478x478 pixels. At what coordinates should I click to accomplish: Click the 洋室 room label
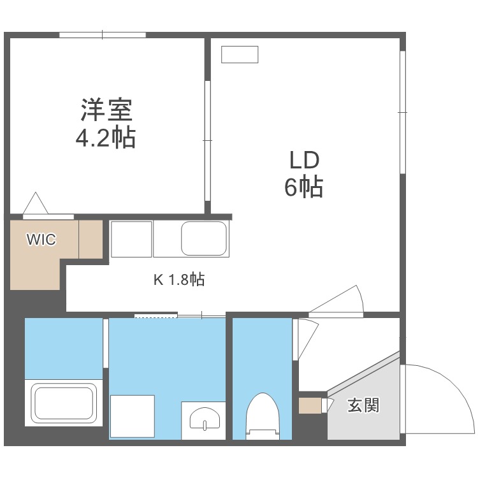(x=106, y=110)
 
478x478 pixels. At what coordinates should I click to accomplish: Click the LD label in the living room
(x=304, y=161)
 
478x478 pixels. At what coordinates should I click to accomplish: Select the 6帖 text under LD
(x=303, y=186)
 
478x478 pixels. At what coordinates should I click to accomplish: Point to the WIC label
(x=41, y=239)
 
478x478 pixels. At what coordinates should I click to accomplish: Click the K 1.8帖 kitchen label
(x=179, y=279)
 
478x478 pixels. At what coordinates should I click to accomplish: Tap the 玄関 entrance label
(x=363, y=405)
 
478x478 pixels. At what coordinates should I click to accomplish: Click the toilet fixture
(x=263, y=416)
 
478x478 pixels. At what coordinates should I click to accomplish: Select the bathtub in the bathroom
(x=63, y=403)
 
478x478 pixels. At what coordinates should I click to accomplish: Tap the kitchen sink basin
(x=204, y=238)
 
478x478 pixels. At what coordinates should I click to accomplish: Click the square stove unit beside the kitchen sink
(x=131, y=239)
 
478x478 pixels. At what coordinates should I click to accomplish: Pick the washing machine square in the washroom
(x=133, y=416)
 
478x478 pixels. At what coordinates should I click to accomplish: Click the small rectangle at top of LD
(x=240, y=55)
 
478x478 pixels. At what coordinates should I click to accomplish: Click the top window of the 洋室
(x=103, y=35)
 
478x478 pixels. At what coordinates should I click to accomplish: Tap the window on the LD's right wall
(x=402, y=112)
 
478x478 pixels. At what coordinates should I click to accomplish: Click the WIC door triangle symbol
(x=36, y=203)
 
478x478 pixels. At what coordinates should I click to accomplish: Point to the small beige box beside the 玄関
(x=310, y=406)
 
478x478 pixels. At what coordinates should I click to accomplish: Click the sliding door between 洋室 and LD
(x=208, y=141)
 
